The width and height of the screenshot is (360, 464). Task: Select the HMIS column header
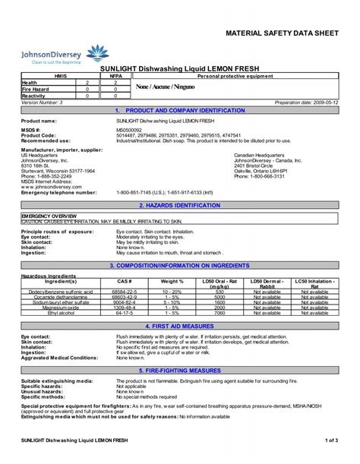[52, 76]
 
